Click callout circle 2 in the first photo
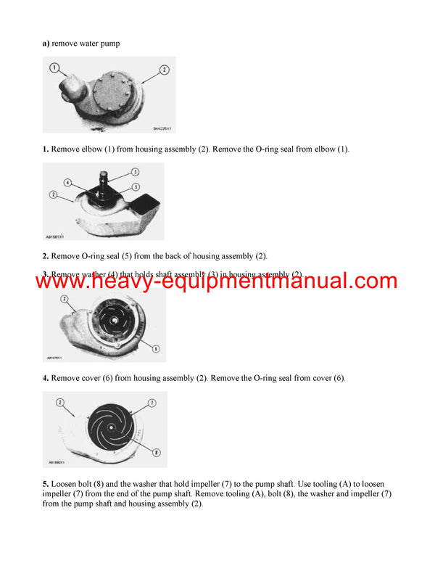pos(164,70)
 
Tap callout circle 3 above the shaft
pos(134,171)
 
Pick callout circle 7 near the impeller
pos(152,402)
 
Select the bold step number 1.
pos(45,149)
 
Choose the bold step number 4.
pos(45,378)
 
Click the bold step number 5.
pos(45,482)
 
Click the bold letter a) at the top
pos(46,44)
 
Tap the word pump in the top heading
pos(109,44)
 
